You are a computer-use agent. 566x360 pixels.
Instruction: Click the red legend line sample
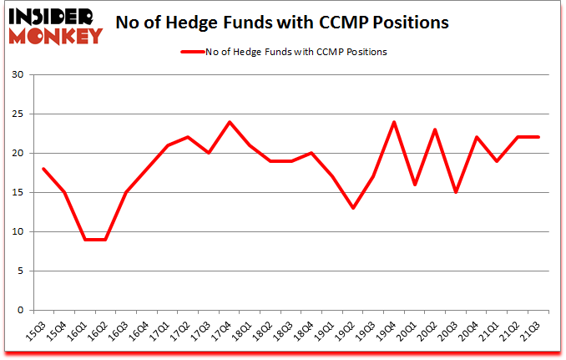point(194,52)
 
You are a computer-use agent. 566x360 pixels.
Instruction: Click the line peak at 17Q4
point(230,122)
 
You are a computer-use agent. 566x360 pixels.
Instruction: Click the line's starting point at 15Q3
point(43,169)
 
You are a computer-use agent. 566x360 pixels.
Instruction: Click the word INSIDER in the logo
point(52,16)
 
